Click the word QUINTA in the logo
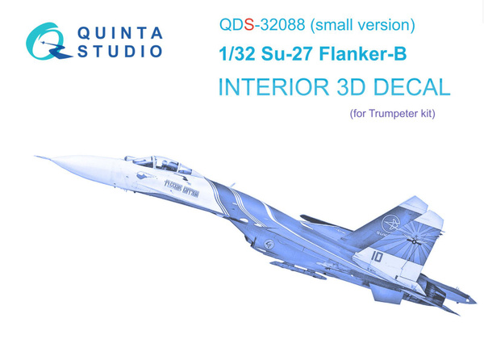(120, 33)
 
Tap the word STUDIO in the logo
(120, 52)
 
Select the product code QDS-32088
(264, 25)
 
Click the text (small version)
(363, 25)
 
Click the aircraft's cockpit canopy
(148, 161)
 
